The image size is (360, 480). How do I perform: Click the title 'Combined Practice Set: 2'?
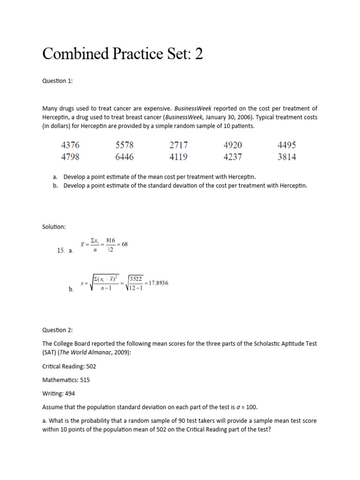123,54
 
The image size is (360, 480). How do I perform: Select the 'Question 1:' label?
58,81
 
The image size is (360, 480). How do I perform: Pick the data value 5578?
125,145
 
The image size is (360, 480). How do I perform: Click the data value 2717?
179,145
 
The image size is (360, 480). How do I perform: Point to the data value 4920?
233,145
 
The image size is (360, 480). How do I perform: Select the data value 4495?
287,145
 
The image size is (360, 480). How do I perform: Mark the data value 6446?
125,157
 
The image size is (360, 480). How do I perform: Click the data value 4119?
179,157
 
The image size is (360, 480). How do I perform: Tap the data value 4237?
233,157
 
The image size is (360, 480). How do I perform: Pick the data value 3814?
287,157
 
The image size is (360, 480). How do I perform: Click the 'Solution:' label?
54,227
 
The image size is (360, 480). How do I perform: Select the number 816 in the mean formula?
111,240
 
